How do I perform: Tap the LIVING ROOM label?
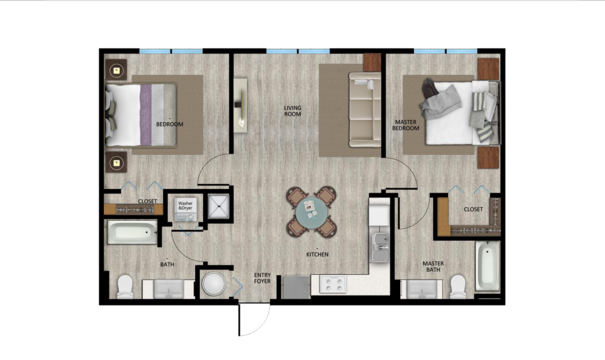tap(293, 111)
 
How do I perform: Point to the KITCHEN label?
tap(318, 254)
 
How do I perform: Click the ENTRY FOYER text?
tap(263, 278)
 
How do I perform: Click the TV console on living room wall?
tap(240, 106)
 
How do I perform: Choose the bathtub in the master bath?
tap(487, 265)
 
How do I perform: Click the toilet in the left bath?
tap(125, 287)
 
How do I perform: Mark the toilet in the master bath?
tap(458, 287)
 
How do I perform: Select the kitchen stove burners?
tap(332, 284)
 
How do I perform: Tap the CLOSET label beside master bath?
tap(474, 209)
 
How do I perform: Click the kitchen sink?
tap(378, 244)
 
